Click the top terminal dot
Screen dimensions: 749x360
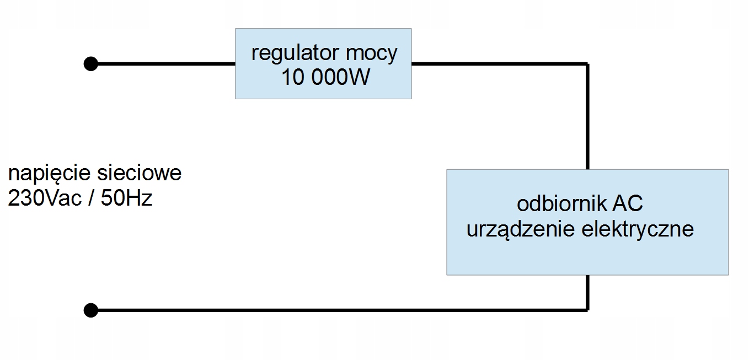coord(90,64)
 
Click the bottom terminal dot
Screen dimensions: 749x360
coord(90,310)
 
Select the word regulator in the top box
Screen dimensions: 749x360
coord(295,53)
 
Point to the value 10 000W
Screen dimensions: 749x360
coord(325,77)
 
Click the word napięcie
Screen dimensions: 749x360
coord(49,174)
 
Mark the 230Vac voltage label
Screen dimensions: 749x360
coord(45,198)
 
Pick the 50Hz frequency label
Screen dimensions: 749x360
coord(126,198)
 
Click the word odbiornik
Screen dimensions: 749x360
coord(561,203)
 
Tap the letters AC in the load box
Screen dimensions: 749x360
coord(628,203)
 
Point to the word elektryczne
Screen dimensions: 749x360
coord(638,229)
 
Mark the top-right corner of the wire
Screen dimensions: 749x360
coord(587,64)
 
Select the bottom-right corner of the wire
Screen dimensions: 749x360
coord(587,310)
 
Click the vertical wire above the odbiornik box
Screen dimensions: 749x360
coord(587,116)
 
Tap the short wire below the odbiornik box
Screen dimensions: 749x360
coord(587,293)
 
